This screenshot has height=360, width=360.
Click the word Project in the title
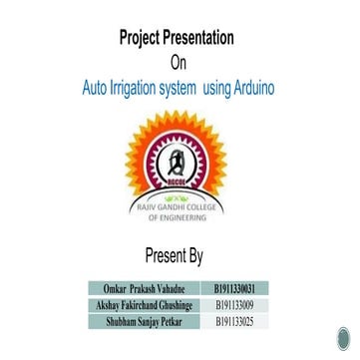[x=142, y=40]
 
